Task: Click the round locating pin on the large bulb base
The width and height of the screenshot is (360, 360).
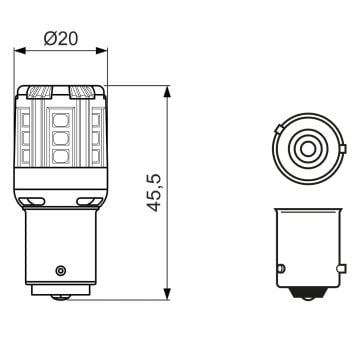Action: (x=61, y=270)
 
